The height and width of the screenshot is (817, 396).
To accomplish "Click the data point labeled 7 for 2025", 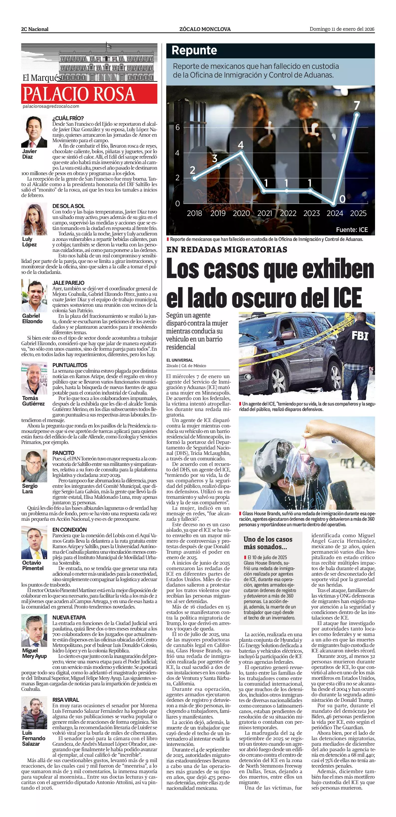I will click(x=357, y=114).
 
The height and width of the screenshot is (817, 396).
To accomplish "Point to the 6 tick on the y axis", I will click(x=178, y=127).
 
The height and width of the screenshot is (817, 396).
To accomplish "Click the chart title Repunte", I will click(x=194, y=50).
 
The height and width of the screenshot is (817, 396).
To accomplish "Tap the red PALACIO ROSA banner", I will click(x=89, y=94).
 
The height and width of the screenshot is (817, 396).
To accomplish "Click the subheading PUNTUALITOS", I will click(x=70, y=365).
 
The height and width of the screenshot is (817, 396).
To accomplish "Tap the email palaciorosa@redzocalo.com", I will click(x=51, y=106).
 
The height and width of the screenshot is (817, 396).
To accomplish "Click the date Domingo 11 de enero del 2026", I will click(x=342, y=29).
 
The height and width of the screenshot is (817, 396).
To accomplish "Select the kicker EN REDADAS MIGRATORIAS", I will click(x=227, y=250).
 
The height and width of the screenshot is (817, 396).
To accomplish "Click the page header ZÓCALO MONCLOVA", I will click(x=205, y=29).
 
